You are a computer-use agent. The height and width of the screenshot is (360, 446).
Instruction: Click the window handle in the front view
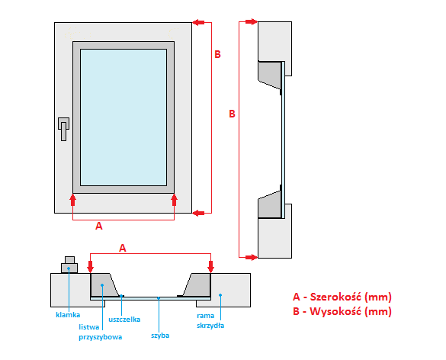(x=64, y=129)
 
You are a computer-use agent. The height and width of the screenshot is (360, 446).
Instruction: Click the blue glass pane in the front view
(x=124, y=117)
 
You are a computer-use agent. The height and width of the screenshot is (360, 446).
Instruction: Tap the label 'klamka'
(x=68, y=315)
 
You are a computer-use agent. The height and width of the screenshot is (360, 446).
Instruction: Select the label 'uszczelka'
(x=124, y=320)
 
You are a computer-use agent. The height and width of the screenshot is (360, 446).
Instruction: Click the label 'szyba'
(x=160, y=336)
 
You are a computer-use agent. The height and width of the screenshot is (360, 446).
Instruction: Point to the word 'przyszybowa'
(x=101, y=337)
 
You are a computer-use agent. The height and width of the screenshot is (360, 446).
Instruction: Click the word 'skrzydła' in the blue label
(x=210, y=325)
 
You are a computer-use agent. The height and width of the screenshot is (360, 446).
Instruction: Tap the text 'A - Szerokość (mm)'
(x=342, y=297)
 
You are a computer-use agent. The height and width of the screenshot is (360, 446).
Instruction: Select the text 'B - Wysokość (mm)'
(x=342, y=311)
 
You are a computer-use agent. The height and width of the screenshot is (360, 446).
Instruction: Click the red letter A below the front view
(x=98, y=226)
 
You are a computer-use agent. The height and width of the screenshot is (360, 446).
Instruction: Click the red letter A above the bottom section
(x=122, y=248)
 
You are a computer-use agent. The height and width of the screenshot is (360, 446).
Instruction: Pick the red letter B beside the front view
(x=217, y=54)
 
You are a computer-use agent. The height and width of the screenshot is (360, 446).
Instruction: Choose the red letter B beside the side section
(x=232, y=114)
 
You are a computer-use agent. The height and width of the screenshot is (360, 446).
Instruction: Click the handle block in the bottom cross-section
(x=69, y=265)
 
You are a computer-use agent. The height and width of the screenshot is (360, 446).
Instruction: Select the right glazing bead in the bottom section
(x=197, y=284)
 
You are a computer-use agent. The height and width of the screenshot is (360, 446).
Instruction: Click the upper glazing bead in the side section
(x=270, y=75)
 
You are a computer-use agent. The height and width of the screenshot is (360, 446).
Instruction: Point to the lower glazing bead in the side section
(x=270, y=204)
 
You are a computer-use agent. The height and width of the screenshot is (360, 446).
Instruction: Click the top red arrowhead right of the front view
(x=198, y=22)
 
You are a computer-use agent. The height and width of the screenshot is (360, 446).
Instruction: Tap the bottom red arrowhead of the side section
(x=252, y=258)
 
